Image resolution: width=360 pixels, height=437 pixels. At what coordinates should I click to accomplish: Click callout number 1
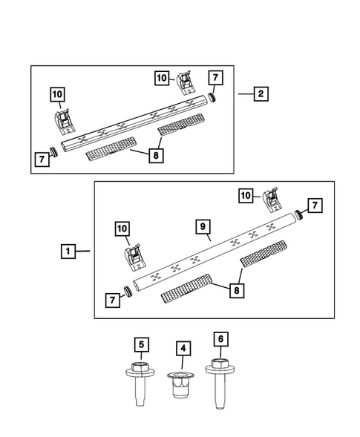click(x=68, y=252)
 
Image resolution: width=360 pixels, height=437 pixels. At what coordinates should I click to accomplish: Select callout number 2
click(x=260, y=94)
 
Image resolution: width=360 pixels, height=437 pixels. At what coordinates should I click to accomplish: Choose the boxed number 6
click(x=219, y=339)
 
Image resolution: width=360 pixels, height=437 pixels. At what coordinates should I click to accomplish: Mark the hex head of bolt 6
click(x=219, y=365)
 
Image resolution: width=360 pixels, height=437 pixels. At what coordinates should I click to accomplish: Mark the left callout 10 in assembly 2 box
click(x=57, y=94)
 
